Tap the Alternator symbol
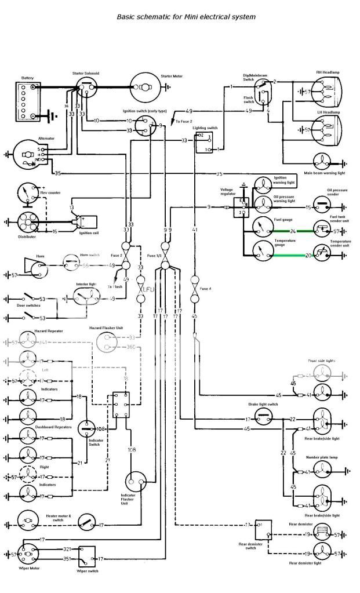pyautogui.click(x=27, y=156)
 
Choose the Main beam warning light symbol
pyautogui.click(x=323, y=163)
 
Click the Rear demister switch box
pyautogui.click(x=263, y=529)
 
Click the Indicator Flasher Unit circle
pyautogui.click(x=137, y=481)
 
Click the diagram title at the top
pyautogui.click(x=186, y=17)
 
